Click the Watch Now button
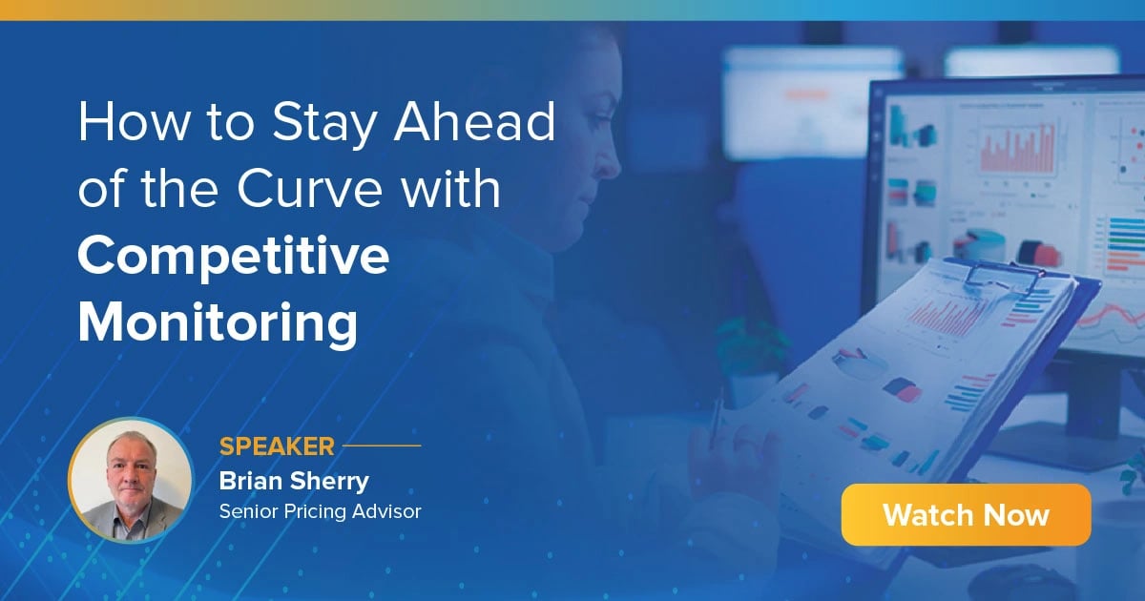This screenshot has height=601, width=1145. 966,515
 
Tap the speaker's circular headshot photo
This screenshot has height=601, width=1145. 131,480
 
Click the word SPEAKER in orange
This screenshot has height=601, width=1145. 277,446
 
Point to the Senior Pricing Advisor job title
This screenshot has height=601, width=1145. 320,511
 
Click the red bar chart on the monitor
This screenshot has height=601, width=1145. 1016,151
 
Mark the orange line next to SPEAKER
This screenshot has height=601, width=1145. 382,446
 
